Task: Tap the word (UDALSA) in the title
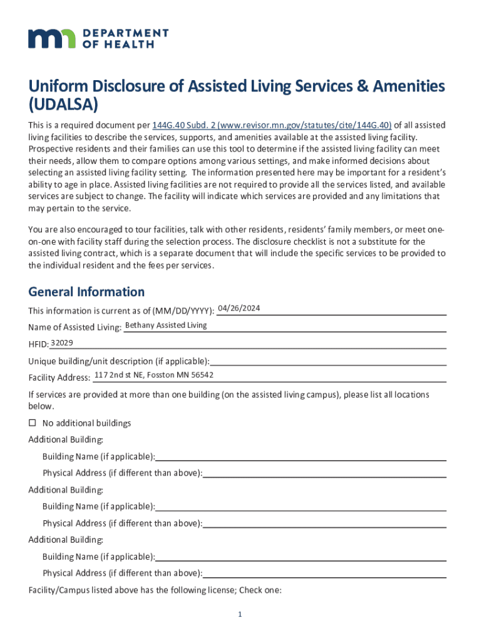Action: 63,103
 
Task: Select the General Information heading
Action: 86,292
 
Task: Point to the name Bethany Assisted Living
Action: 166,326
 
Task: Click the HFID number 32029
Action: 62,342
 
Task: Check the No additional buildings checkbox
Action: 32,423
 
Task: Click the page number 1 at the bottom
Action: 240,615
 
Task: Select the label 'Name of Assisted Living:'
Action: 74,327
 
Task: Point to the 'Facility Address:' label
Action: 59,377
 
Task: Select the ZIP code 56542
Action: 203,375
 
